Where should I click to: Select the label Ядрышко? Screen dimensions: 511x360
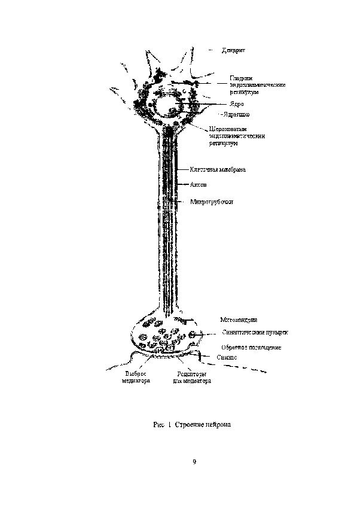tap(236, 114)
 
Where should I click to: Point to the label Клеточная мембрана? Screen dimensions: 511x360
tap(218, 169)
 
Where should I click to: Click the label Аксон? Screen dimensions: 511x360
tap(199, 185)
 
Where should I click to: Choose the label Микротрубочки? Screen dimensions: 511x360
tap(212, 202)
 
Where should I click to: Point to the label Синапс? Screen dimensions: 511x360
tap(226, 357)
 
